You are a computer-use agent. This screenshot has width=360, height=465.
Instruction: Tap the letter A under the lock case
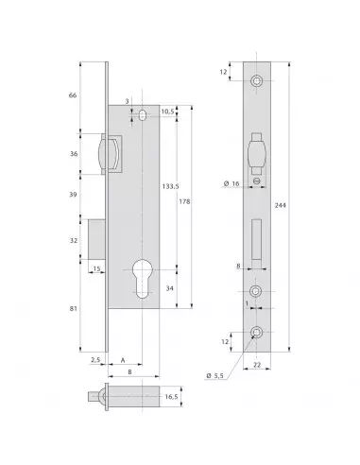pyautogui.click(x=125, y=360)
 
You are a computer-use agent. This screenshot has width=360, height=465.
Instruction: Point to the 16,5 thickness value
pyautogui.click(x=170, y=399)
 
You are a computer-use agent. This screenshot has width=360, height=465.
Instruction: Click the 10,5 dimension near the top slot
pyautogui.click(x=166, y=111)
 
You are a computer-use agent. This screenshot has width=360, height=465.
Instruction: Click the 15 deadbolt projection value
pyautogui.click(x=96, y=270)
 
